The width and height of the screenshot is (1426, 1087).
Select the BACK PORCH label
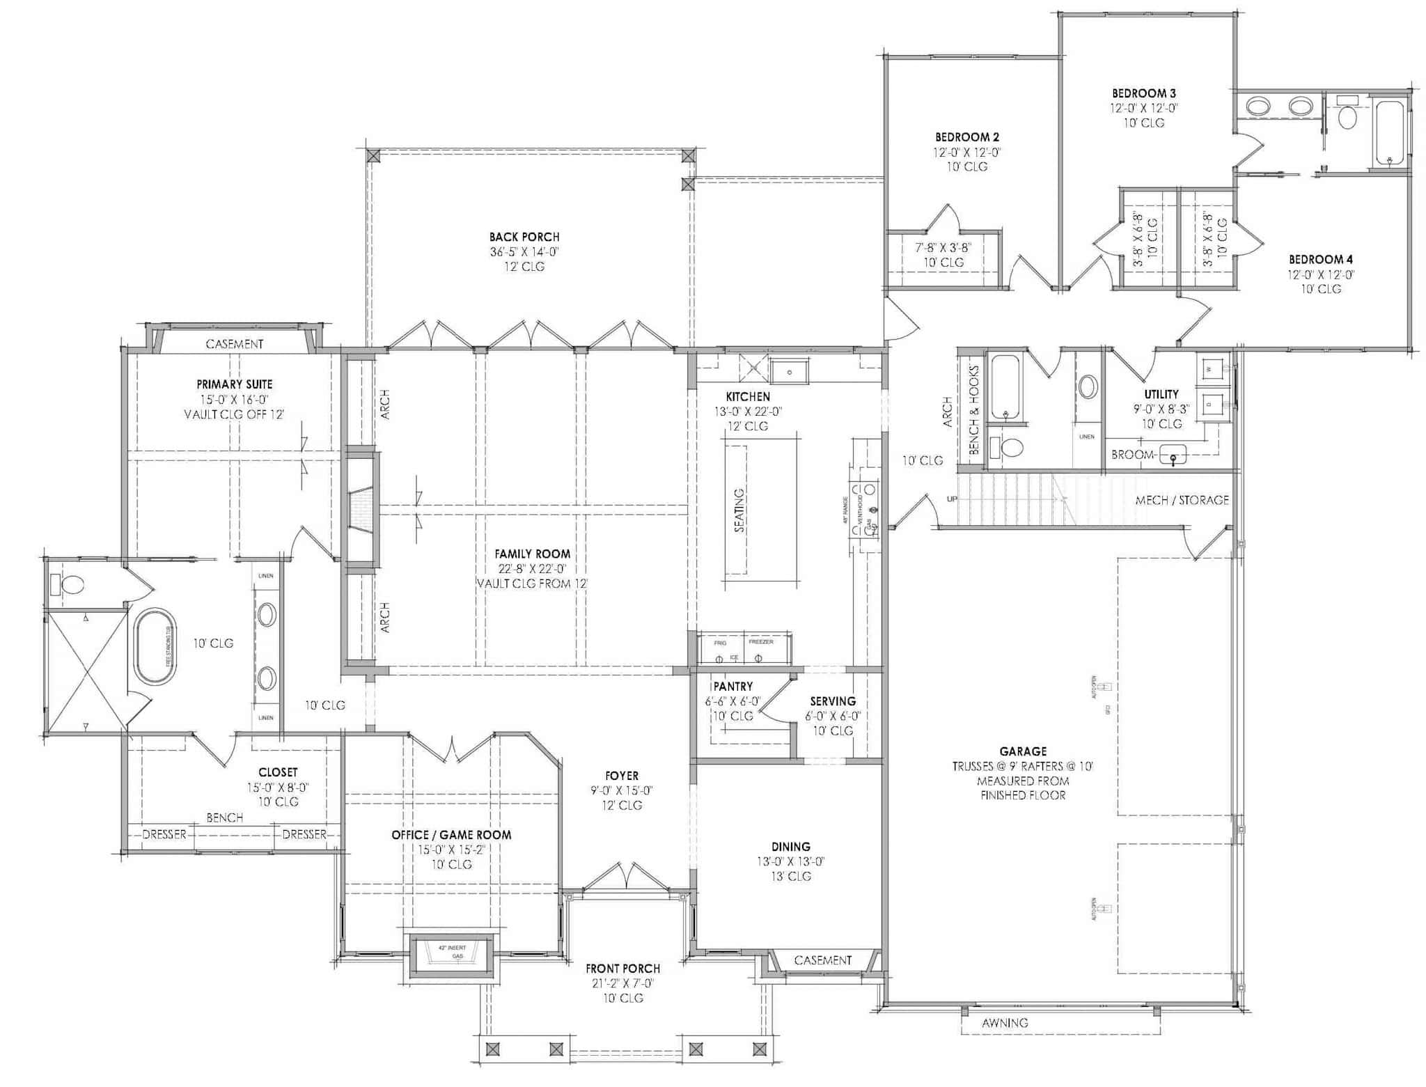(x=524, y=237)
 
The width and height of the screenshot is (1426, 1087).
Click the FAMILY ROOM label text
(x=532, y=554)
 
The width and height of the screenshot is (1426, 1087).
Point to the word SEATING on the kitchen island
(x=739, y=510)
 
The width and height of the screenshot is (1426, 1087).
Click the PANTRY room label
(x=732, y=687)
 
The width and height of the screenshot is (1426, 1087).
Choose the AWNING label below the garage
(x=1005, y=1023)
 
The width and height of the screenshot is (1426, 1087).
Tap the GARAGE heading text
(x=1023, y=751)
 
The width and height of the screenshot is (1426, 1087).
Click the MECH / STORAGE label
(x=1182, y=500)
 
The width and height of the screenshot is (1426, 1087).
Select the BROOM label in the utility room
(x=1133, y=455)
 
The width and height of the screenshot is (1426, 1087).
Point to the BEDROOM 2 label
(x=967, y=137)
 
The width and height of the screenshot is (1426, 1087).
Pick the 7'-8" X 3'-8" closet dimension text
(x=943, y=247)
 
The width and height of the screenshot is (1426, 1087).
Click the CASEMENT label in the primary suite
(x=235, y=344)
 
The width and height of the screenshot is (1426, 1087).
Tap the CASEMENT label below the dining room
(x=822, y=960)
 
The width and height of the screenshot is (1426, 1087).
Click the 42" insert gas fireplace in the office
(x=452, y=952)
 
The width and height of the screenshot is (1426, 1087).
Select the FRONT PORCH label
(x=622, y=969)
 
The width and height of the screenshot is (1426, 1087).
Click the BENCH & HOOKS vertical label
(x=974, y=410)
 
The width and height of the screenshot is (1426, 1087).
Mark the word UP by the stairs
(x=952, y=499)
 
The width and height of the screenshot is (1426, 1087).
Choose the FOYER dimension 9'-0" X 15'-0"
(x=622, y=790)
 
